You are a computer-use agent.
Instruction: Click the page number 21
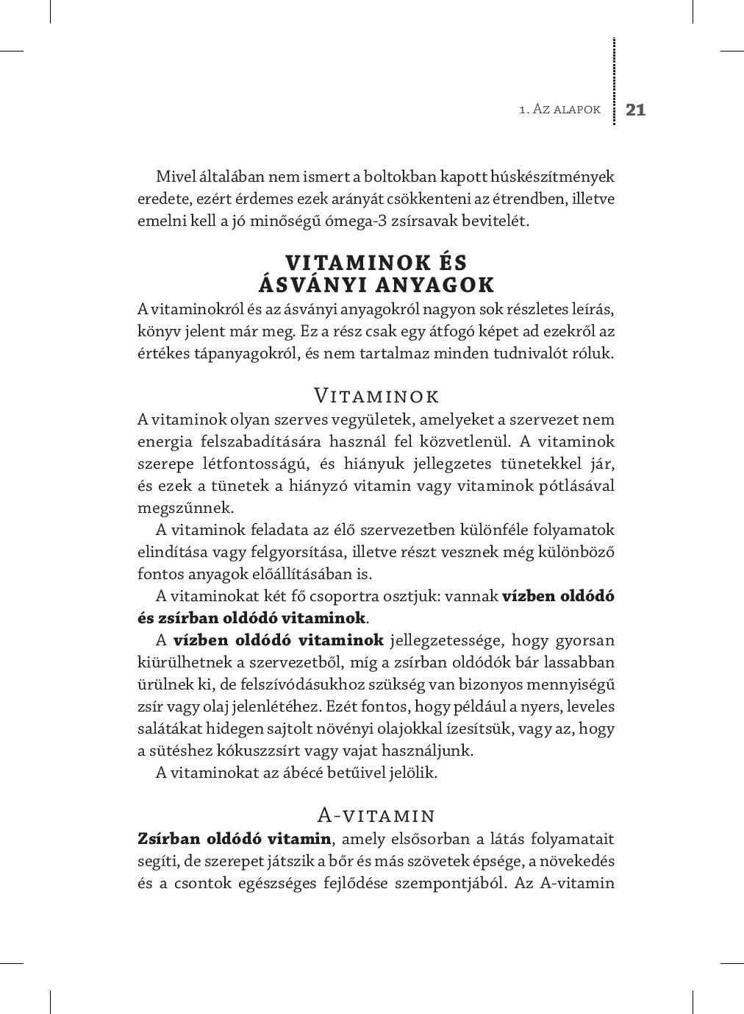coord(635,110)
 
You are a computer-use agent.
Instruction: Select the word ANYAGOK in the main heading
coord(435,285)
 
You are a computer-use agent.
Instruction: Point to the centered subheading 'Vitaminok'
coord(376,396)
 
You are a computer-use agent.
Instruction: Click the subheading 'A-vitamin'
coord(376,815)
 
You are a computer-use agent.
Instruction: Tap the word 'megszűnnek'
coord(175,508)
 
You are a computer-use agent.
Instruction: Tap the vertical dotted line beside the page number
coord(614,81)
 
